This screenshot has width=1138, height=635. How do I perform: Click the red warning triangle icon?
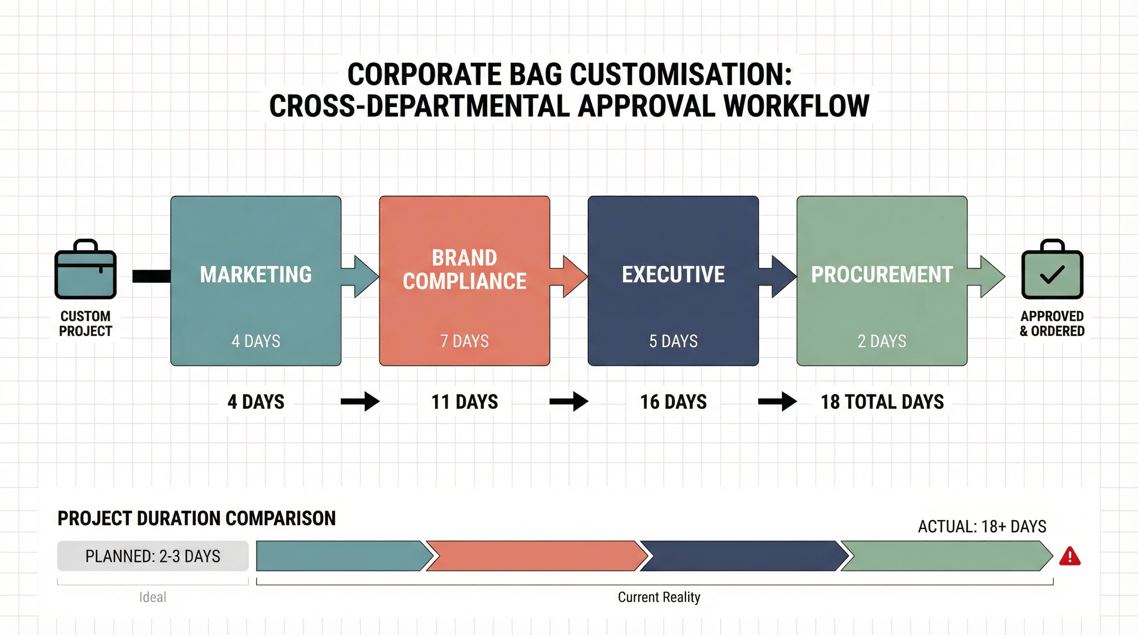[1069, 557]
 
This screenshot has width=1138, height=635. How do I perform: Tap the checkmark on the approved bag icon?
[1052, 274]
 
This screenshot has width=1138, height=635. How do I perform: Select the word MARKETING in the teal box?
[256, 274]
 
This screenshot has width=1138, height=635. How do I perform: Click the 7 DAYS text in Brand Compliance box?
[464, 341]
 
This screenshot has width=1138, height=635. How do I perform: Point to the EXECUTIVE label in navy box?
[673, 274]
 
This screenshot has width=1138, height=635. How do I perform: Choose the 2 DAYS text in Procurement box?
[882, 341]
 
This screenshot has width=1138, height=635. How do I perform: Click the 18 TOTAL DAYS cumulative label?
[882, 402]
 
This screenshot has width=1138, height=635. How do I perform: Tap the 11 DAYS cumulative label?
[464, 402]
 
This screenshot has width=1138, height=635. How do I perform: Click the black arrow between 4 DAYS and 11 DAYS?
[360, 401]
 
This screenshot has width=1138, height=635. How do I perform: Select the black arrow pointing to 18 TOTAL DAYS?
[777, 401]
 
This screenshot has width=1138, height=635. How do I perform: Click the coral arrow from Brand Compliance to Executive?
[570, 277]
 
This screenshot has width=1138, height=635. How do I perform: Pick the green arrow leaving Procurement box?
[988, 277]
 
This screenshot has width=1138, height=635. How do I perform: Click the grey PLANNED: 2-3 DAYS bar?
[153, 556]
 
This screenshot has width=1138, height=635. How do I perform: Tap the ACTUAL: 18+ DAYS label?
[982, 526]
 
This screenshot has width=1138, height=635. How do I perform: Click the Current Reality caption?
[659, 597]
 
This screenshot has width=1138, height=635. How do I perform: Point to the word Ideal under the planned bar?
[153, 597]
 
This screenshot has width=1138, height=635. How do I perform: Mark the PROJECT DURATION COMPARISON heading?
[196, 518]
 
